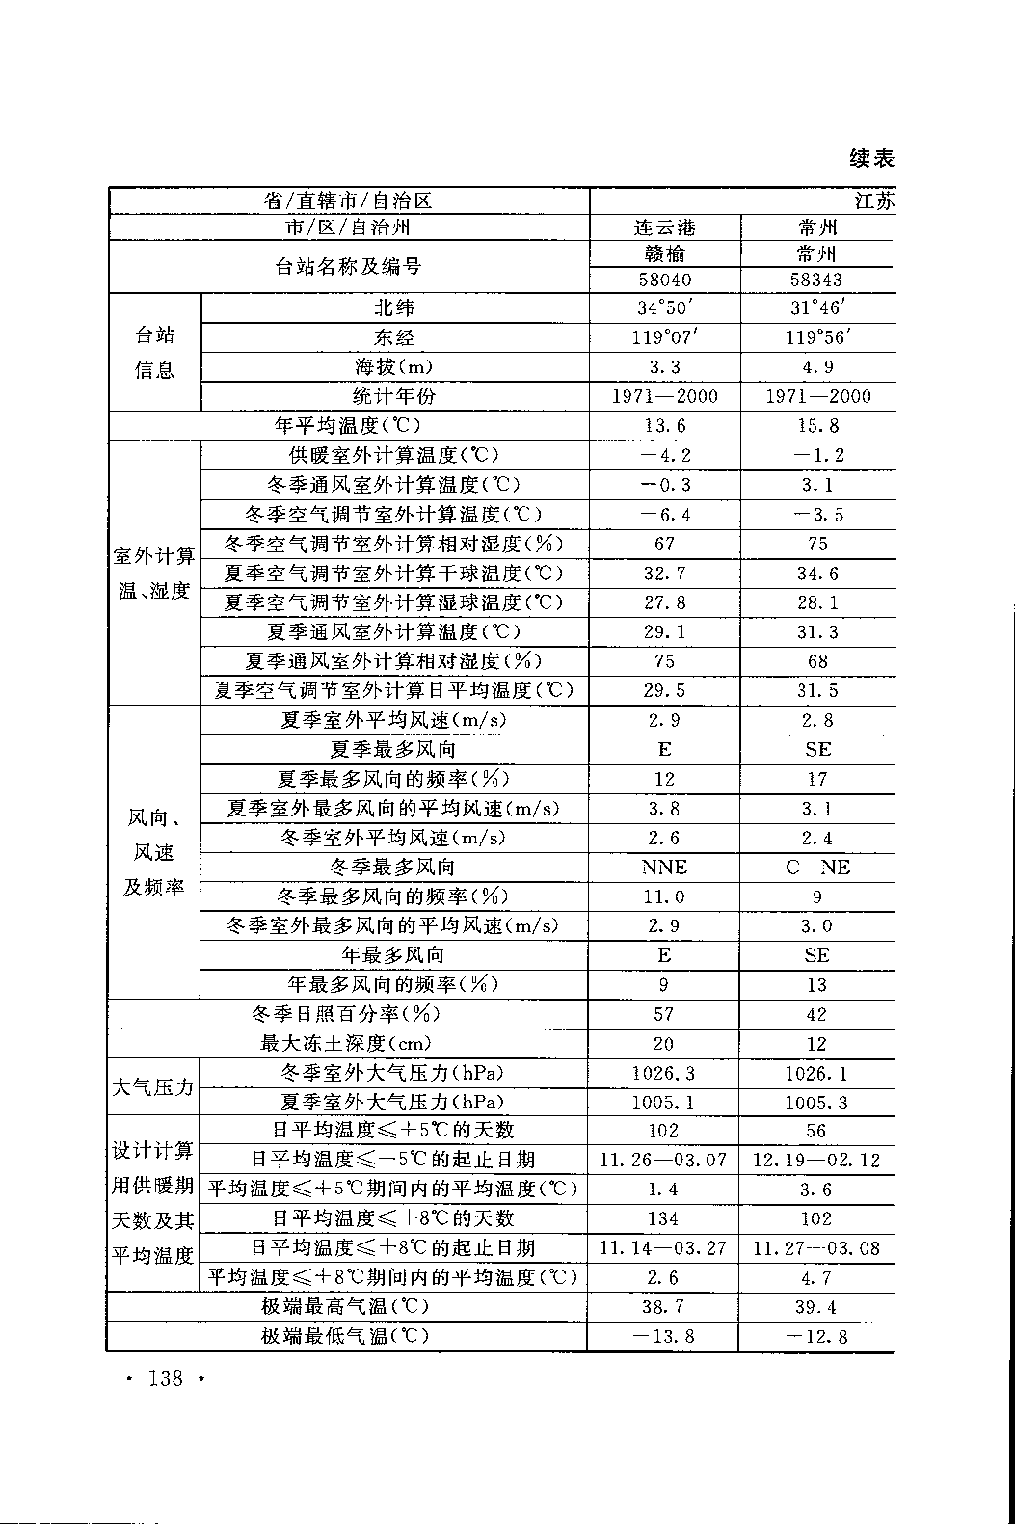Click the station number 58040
(x=664, y=280)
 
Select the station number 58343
(x=816, y=280)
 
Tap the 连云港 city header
(x=664, y=228)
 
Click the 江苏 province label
(x=874, y=201)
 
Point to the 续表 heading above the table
(x=872, y=158)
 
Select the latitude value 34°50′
(x=664, y=307)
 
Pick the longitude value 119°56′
(x=817, y=337)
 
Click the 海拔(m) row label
(x=394, y=367)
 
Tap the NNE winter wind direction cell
(x=664, y=868)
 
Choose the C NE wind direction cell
(x=817, y=868)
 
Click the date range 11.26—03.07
(x=663, y=1160)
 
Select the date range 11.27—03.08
(x=816, y=1248)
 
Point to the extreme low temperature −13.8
(x=663, y=1336)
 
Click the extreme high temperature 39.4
(x=817, y=1307)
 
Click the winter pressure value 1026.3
(x=663, y=1073)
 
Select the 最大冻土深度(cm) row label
(x=346, y=1043)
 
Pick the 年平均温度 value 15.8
(x=817, y=425)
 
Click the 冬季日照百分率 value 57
(x=663, y=1014)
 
